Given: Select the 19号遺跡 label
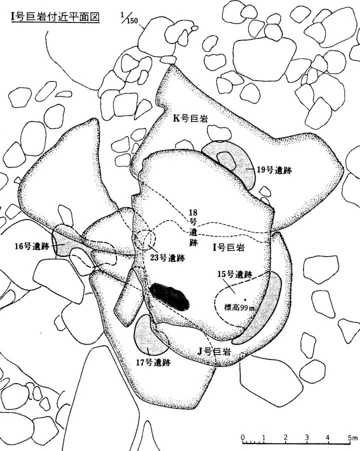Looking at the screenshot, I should tap(273, 169).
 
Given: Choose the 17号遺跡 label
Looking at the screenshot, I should tap(153, 362).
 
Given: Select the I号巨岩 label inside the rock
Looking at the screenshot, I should tap(230, 247).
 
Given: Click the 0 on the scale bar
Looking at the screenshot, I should tap(243, 438).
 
